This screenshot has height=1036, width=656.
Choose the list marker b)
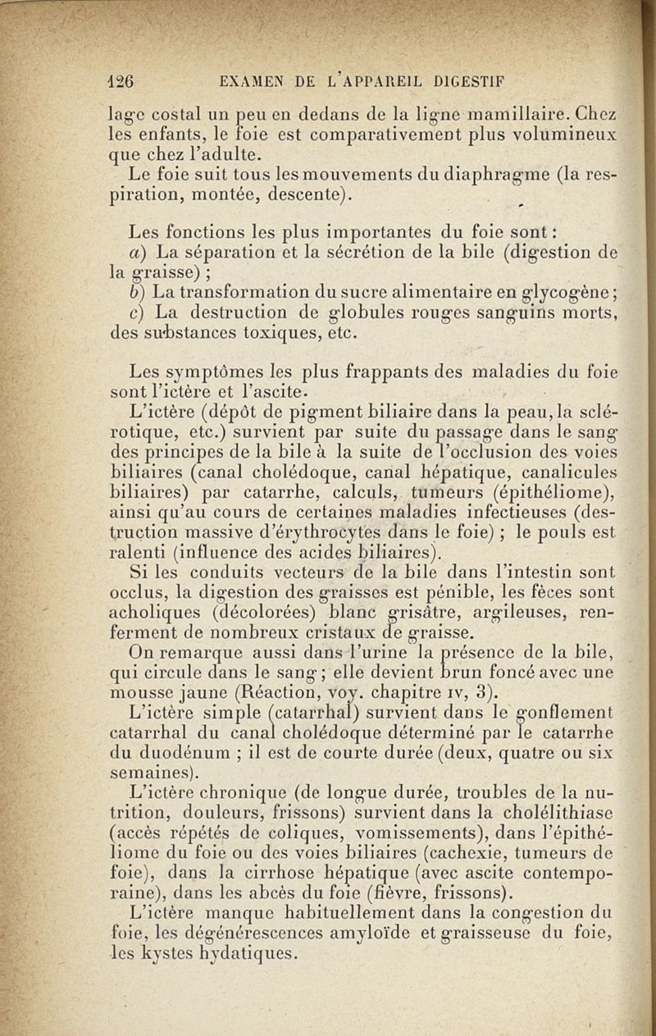tap(137, 292)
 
